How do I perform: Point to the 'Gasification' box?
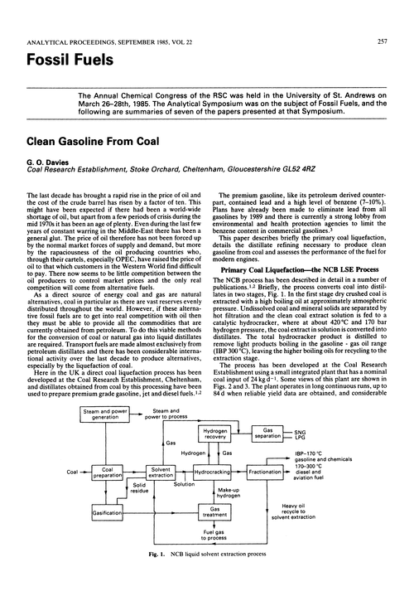pyautogui.click(x=108, y=514)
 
